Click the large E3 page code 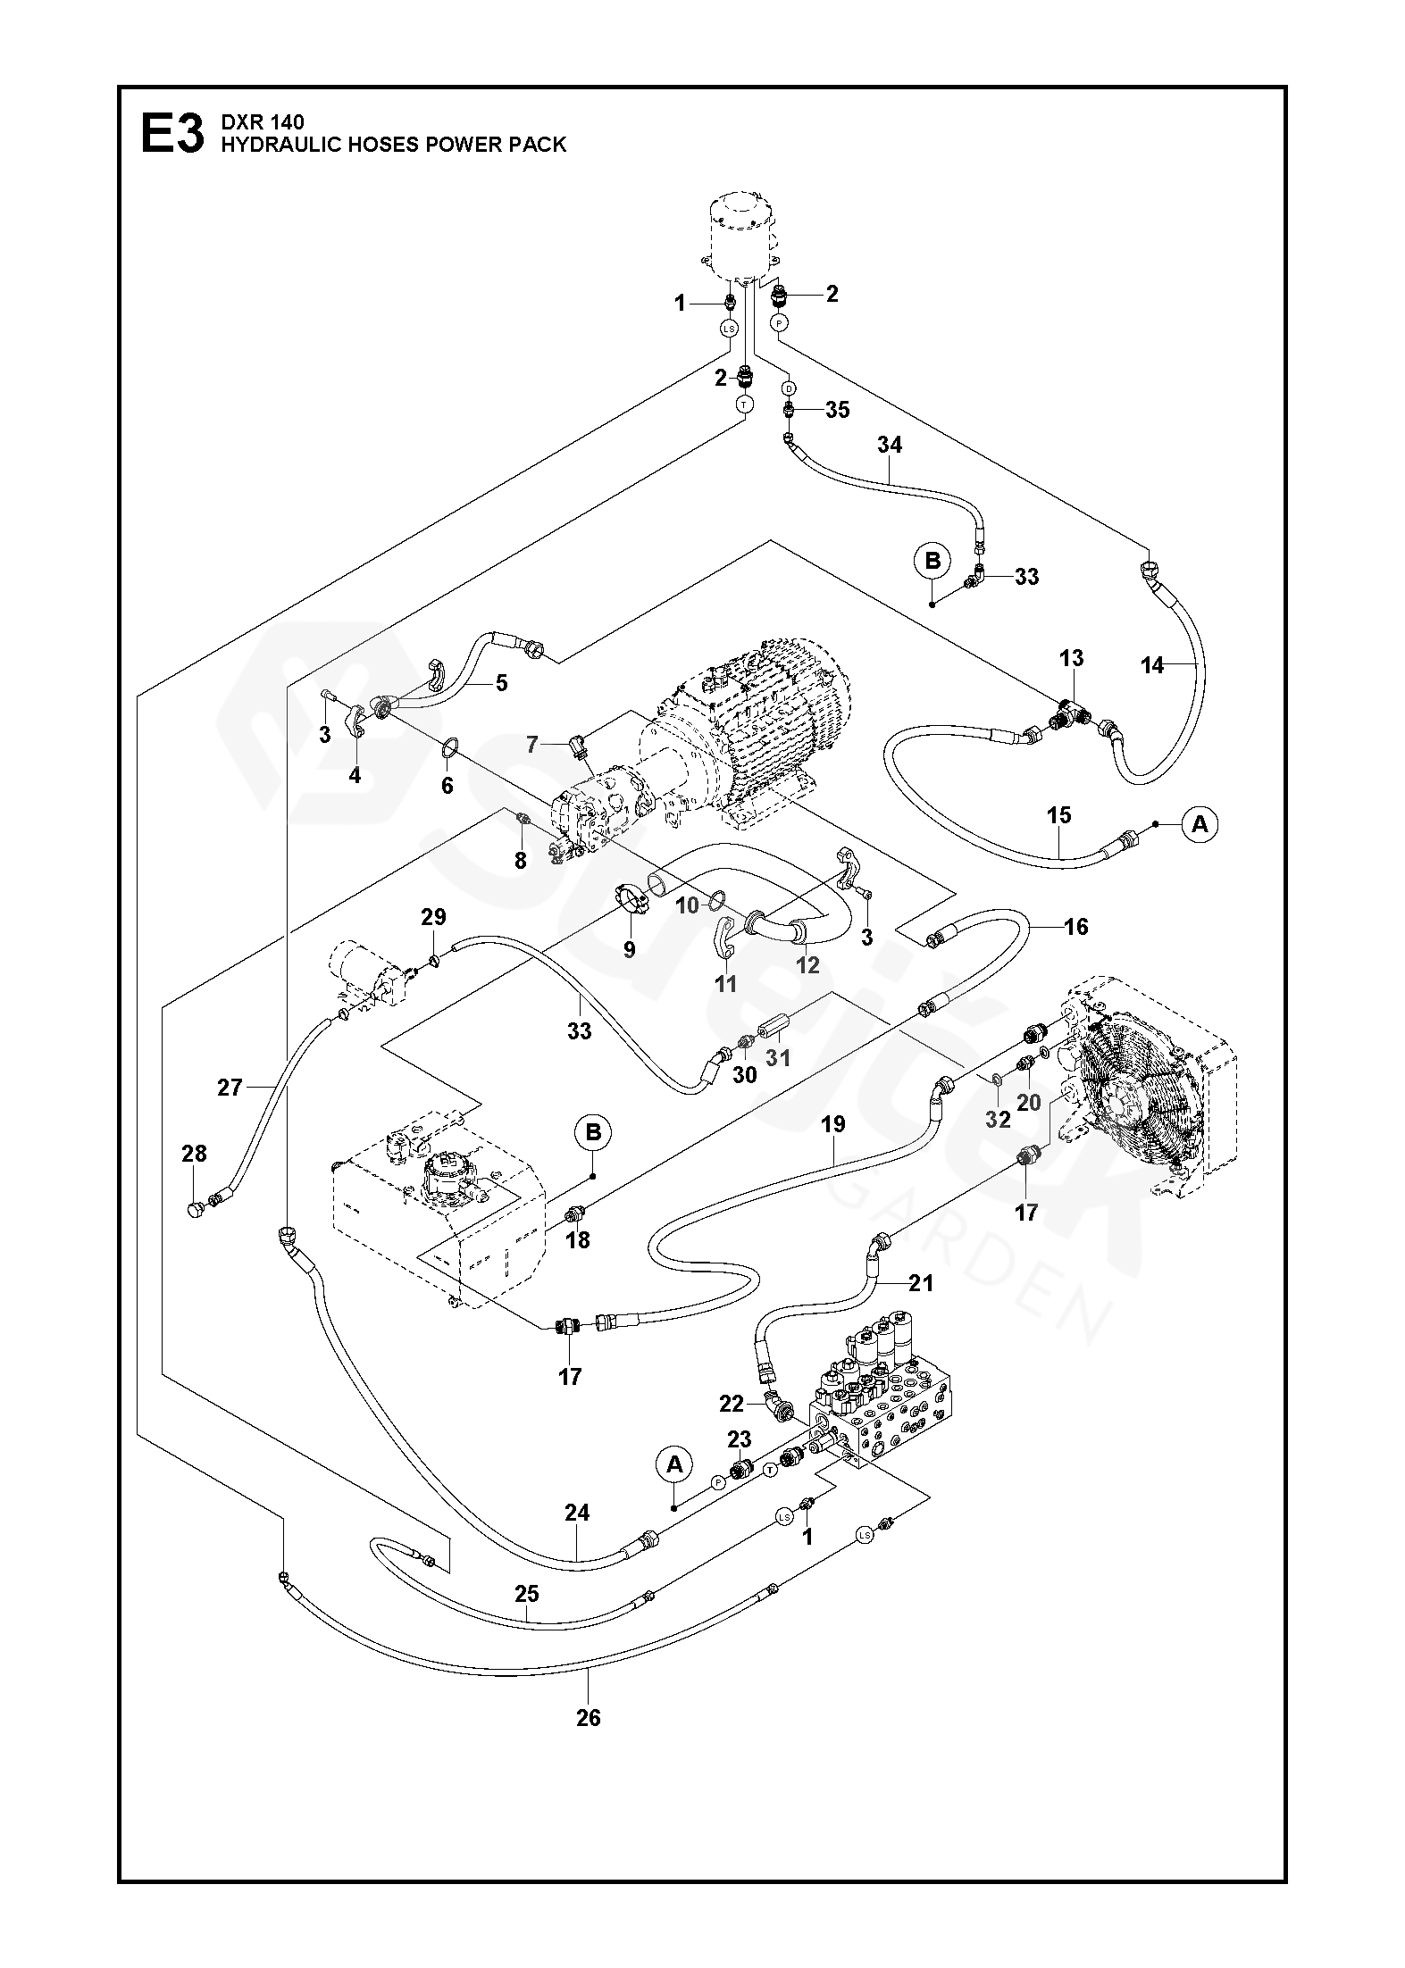pos(172,134)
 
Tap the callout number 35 pos(837,411)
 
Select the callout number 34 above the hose pos(889,445)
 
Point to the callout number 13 pos(1071,658)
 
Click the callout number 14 pos(1152,665)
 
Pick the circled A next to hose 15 pos(1200,825)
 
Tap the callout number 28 pos(194,1154)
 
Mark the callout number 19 pos(832,1124)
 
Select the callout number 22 pos(732,1405)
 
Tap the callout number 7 pos(532,744)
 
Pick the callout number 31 pos(778,1057)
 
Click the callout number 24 pos(577,1513)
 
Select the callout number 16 pos(1076,927)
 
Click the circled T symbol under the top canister pos(744,404)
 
